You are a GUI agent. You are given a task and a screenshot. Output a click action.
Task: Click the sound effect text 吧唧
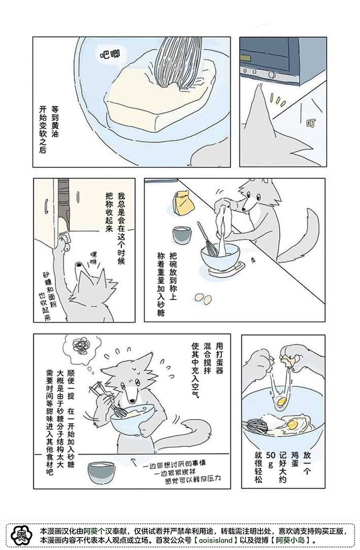pos(110,54)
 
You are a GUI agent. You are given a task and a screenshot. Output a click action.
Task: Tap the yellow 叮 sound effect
pos(311,123)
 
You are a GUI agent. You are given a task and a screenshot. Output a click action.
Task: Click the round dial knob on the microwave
pos(272,73)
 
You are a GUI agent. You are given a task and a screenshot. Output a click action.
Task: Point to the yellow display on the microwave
pos(245,58)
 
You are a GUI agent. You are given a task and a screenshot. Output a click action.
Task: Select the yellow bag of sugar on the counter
pos(183,204)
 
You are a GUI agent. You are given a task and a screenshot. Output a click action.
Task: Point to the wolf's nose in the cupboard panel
pos(79,265)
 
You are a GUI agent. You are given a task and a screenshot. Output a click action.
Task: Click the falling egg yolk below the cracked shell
pos(282,402)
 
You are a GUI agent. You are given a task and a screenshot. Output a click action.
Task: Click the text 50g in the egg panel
pos(270,460)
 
